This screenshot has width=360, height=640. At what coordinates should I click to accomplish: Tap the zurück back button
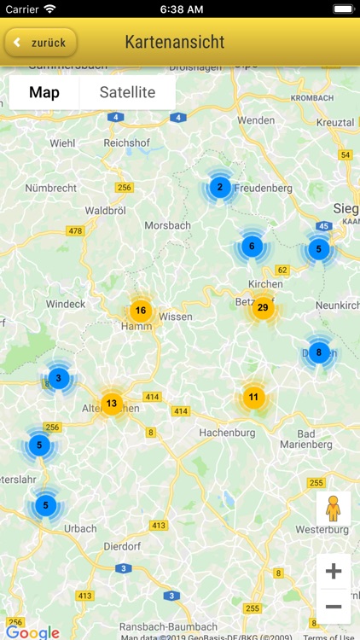[41, 42]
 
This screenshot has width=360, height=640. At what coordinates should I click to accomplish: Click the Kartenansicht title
[175, 42]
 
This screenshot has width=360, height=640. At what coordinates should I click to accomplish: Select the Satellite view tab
[127, 92]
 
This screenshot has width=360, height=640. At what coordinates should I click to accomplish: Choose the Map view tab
[44, 92]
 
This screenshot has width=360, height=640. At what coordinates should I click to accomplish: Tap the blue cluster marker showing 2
[220, 188]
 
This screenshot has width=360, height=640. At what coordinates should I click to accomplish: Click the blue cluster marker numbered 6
[251, 247]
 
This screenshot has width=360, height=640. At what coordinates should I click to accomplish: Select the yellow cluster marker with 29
[263, 308]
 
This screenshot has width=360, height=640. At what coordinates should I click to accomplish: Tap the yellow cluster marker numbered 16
[141, 311]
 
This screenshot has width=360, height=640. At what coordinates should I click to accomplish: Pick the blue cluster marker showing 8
[318, 352]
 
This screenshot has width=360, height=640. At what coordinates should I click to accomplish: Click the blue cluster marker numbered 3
[58, 377]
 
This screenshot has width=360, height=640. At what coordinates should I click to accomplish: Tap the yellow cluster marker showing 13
[112, 403]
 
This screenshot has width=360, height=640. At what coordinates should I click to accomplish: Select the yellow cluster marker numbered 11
[253, 397]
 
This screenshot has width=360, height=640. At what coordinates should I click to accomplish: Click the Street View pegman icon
[333, 509]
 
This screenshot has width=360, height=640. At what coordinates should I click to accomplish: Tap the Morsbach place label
[168, 225]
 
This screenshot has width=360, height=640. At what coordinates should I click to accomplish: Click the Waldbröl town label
[106, 210]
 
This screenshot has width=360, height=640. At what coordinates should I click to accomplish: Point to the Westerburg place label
[322, 530]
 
